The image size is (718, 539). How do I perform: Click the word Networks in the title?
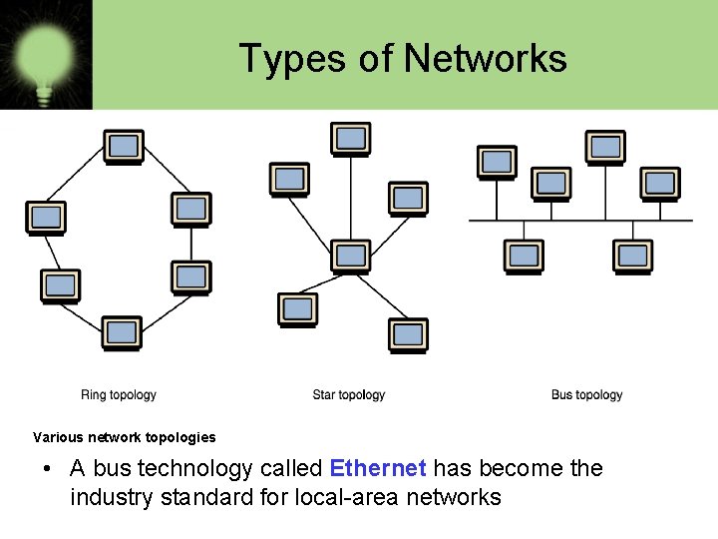point(486,59)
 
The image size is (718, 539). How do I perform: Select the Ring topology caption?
point(119,395)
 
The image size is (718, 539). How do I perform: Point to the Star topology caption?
point(348,395)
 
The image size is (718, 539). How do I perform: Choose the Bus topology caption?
point(586,395)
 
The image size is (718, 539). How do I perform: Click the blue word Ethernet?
point(378,468)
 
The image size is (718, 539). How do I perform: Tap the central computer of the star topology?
point(350,257)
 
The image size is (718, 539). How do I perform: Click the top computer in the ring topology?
point(124,147)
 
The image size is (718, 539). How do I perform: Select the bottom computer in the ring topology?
point(122,332)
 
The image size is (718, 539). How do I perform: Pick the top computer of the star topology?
point(350,139)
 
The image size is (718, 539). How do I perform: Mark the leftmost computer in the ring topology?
point(45,218)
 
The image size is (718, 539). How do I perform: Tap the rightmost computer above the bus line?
point(659,184)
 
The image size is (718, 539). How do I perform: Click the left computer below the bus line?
point(524,256)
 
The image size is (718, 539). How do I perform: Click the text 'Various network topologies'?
point(124,437)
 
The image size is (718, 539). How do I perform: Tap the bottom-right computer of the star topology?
point(408,335)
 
